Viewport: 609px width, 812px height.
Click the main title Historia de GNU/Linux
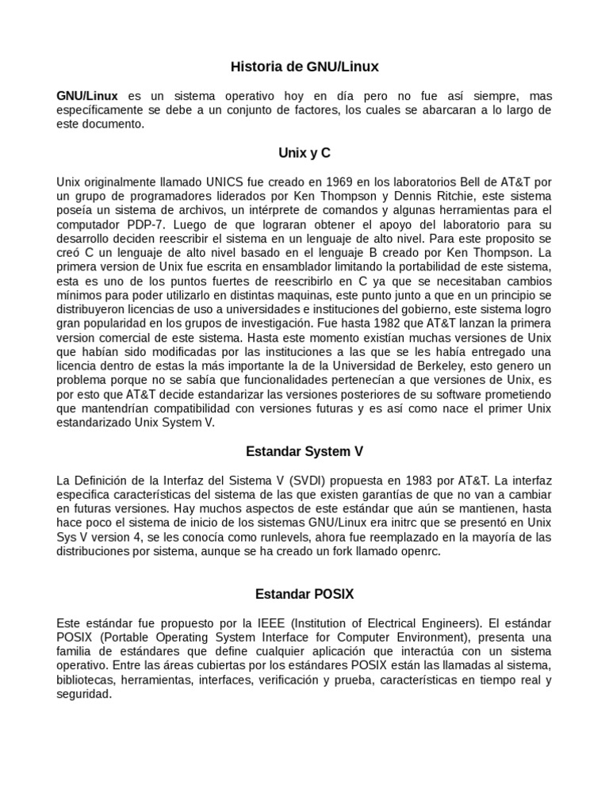pos(304,67)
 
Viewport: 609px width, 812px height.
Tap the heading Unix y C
pos(304,152)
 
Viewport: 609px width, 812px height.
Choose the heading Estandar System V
pos(304,452)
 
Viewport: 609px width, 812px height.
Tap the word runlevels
pos(267,538)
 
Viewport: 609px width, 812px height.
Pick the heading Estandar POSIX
pos(304,594)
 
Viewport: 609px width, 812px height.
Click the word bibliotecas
pos(87,680)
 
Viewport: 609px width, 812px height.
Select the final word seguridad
pos(84,694)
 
